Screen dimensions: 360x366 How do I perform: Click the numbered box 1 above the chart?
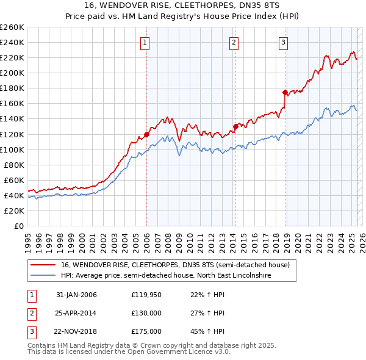point(145,42)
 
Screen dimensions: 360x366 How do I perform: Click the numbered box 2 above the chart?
point(234,42)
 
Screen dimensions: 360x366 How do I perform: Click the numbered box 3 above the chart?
point(284,42)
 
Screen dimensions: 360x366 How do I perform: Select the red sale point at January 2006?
point(146,134)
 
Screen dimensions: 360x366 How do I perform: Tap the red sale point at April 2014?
point(235,126)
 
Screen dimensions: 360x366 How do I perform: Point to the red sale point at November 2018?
point(285,92)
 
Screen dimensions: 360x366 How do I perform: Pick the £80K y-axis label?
point(14,165)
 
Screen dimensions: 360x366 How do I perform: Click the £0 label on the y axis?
point(19,226)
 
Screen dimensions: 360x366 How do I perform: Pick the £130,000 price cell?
point(146,314)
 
